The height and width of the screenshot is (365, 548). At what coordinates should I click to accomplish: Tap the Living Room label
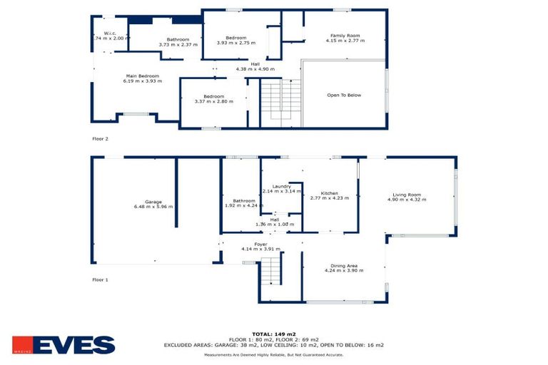coord(407,195)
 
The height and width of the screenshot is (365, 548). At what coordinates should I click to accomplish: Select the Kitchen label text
coord(329,193)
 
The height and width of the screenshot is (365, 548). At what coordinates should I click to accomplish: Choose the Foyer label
coord(260,244)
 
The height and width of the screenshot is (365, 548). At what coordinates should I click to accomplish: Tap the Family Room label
coord(344,35)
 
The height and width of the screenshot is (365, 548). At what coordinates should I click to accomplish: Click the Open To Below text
coord(344,95)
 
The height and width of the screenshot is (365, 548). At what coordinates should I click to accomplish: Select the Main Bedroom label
coord(142,76)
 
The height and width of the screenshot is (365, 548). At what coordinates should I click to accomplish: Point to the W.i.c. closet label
coord(110,33)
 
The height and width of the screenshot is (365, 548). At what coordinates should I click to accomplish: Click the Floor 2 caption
coord(100,138)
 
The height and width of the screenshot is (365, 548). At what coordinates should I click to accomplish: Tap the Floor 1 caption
coord(100,280)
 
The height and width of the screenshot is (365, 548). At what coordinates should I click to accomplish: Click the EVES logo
coord(64,345)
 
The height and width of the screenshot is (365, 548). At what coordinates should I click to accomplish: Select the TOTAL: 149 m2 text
coord(273,334)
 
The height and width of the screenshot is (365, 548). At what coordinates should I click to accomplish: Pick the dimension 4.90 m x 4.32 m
coord(407,200)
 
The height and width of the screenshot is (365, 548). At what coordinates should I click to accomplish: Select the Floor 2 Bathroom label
coord(178,39)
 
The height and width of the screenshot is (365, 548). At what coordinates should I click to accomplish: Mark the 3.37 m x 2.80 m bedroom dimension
coord(214,102)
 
